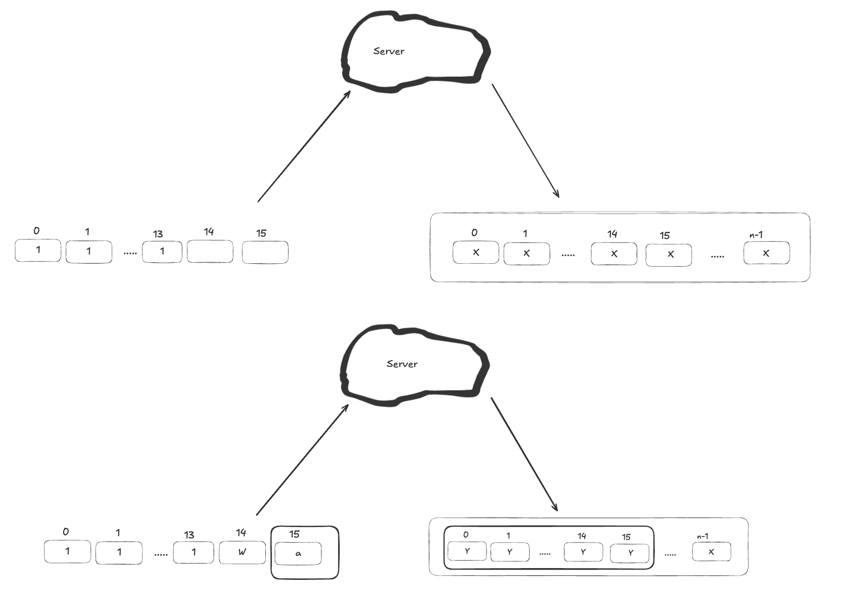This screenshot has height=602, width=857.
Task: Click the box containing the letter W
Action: click(x=242, y=553)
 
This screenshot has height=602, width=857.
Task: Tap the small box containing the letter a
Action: click(x=298, y=553)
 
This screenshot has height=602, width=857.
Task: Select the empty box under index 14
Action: click(x=210, y=252)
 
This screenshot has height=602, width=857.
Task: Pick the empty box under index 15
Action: click(x=265, y=252)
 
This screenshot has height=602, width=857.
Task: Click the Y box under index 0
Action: click(x=467, y=551)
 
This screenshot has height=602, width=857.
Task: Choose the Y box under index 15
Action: click(x=629, y=553)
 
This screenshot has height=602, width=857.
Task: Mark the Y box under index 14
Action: click(x=583, y=552)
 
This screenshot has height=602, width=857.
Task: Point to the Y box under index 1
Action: click(x=510, y=552)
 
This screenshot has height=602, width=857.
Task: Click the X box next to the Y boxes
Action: click(x=711, y=552)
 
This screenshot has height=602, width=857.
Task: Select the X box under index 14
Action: click(x=614, y=254)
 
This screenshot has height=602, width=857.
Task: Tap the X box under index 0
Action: click(x=476, y=252)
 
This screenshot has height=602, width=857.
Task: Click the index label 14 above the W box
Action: click(x=241, y=532)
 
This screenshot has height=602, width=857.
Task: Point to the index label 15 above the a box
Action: click(x=294, y=534)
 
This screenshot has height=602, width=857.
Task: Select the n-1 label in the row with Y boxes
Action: click(x=702, y=536)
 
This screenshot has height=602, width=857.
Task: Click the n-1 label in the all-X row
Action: click(x=756, y=235)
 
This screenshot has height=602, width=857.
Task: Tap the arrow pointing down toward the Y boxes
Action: click(x=524, y=454)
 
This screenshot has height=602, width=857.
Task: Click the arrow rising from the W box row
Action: click(x=302, y=460)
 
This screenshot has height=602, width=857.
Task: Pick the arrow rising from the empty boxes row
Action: click(x=304, y=146)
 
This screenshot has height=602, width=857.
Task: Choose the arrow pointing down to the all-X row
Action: click(x=526, y=141)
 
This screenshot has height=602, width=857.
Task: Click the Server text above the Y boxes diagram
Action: click(x=402, y=364)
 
